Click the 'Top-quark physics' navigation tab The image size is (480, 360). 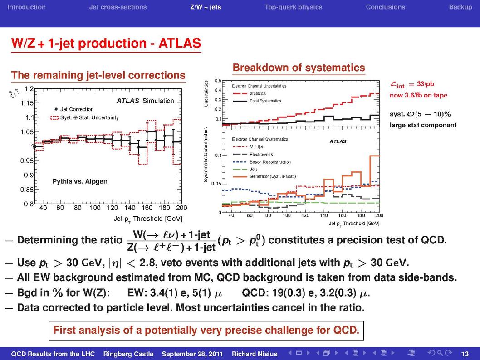(x=293, y=7)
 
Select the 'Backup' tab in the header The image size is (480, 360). (x=460, y=7)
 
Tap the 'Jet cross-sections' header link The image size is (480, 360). (x=118, y=7)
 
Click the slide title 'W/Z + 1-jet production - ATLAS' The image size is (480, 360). (x=106, y=43)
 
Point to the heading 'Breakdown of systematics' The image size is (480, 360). (x=299, y=68)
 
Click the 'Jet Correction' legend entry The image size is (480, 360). (x=73, y=109)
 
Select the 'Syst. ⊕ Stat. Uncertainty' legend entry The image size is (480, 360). (x=85, y=117)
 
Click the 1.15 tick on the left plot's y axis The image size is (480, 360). (x=27, y=103)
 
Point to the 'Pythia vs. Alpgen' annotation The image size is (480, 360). (x=80, y=181)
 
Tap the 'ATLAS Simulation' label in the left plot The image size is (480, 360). (x=145, y=101)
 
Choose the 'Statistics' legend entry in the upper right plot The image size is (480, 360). (x=249, y=93)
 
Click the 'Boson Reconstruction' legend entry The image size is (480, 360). (x=262, y=162)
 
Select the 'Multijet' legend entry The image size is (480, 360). (x=248, y=147)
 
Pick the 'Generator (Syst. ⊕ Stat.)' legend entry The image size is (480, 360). (x=264, y=176)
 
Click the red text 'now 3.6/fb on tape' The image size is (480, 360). (x=418, y=95)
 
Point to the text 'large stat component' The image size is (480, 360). (x=423, y=125)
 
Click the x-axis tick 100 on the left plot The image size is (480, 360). (x=95, y=208)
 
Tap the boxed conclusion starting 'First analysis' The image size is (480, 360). (x=206, y=331)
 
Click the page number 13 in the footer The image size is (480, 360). (x=465, y=354)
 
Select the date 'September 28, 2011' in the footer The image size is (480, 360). (x=192, y=354)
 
